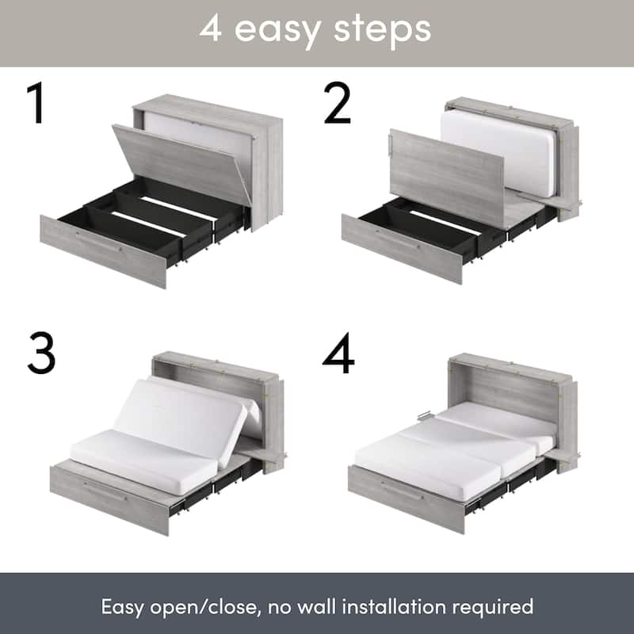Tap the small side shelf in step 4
563,455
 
